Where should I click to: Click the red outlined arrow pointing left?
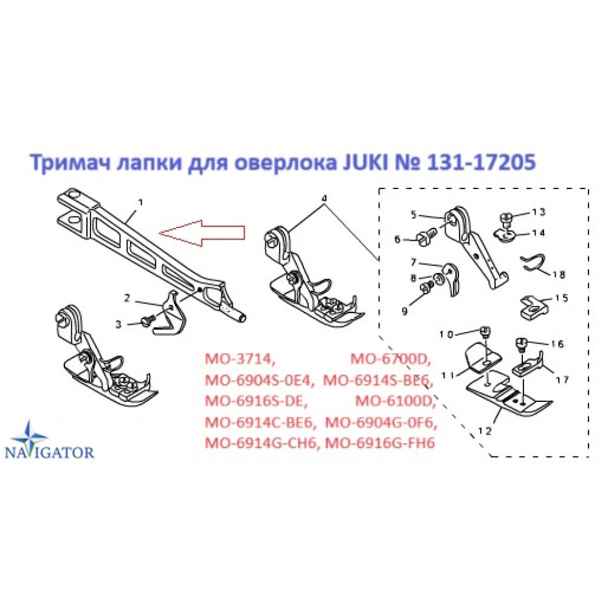pos(202,233)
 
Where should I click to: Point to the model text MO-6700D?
pos(390,359)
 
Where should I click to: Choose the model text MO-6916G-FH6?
pos(380,443)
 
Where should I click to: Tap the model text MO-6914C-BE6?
pos(258,422)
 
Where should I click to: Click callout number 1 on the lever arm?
pos(140,202)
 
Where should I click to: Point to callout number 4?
pos(324,198)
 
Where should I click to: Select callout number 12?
pos(485,431)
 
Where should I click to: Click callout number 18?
pos(559,275)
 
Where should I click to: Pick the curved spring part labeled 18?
pos(534,263)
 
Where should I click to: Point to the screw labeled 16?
pos(521,344)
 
